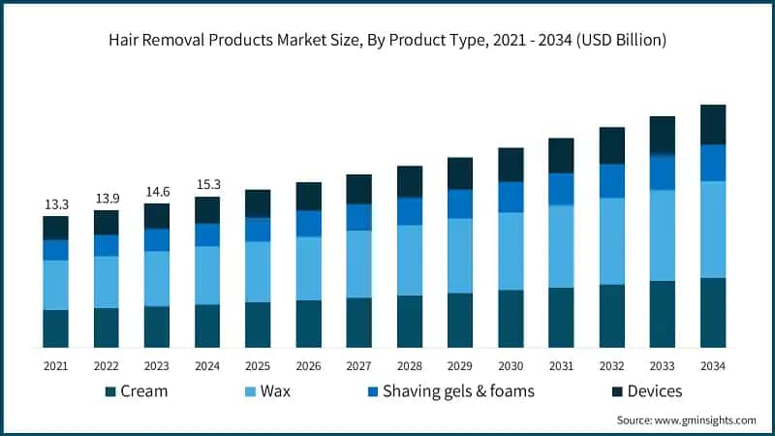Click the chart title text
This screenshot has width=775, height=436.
387,40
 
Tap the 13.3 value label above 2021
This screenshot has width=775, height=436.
56,204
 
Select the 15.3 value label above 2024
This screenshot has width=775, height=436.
207,185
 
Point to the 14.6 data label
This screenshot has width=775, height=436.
157,192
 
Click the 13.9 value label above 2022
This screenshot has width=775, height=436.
107,199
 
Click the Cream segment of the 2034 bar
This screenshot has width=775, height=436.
713,312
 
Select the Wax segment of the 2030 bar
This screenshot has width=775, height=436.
511,251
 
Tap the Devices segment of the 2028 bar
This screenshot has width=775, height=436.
410,181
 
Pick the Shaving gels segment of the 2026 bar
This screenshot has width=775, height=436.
309,224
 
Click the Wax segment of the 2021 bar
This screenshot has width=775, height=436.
56,285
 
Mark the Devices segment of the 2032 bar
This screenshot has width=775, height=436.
611,145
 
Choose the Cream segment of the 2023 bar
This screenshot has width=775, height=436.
157,327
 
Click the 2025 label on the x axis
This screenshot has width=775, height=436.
258,366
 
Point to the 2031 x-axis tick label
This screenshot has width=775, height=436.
561,366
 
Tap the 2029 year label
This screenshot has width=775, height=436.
460,366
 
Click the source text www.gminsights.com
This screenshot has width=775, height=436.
687,420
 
